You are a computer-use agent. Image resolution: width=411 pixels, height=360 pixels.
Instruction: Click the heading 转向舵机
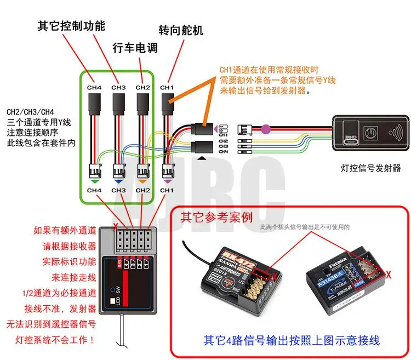click(180, 30)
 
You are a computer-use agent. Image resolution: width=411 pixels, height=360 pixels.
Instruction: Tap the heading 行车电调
click(135, 48)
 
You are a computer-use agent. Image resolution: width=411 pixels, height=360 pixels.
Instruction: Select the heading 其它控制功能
click(71, 26)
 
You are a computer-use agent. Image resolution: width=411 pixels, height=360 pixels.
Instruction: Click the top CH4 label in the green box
click(95, 87)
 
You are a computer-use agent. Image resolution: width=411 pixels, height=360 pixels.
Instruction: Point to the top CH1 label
click(167, 87)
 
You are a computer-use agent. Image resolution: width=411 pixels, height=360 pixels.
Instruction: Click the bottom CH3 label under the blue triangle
click(118, 190)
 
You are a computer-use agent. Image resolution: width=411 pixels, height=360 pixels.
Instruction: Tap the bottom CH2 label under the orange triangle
click(142, 190)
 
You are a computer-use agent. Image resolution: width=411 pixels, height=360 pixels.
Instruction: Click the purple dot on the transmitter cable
click(266, 129)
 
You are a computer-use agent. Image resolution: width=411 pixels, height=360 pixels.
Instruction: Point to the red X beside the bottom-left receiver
click(115, 224)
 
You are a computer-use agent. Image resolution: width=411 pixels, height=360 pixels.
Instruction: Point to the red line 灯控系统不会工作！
click(58, 340)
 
